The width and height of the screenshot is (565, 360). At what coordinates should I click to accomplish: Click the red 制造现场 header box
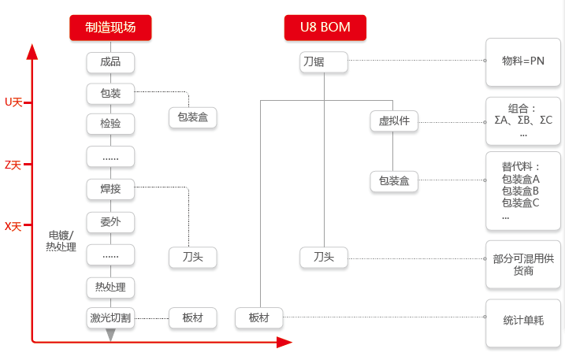110,28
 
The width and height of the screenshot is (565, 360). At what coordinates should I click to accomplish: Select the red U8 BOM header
325,28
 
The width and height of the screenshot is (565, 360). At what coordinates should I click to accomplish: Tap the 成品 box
110,62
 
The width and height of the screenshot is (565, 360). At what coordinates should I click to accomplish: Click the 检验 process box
110,124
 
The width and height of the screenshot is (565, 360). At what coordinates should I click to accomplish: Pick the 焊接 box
110,189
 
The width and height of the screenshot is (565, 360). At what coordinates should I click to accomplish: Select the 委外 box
110,222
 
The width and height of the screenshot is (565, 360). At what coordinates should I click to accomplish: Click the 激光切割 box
110,317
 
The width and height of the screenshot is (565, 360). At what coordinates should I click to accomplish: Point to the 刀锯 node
324,62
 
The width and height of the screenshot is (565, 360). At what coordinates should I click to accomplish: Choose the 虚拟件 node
394,121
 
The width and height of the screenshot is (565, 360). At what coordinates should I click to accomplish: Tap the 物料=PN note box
522,62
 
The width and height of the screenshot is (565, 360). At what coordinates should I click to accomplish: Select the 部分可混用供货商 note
522,264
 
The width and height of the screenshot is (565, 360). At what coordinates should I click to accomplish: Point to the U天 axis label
13,102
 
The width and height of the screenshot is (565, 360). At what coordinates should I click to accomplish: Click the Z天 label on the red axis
13,165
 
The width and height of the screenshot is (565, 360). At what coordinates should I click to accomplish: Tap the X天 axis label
13,227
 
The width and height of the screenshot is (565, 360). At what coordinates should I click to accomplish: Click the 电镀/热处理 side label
61,241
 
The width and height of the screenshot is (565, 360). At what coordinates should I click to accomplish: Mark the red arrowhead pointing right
284,342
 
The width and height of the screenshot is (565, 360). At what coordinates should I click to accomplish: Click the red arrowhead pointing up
32,51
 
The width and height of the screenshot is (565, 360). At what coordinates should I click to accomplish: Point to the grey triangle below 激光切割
110,335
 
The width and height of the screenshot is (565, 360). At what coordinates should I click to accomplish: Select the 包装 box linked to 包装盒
110,94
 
